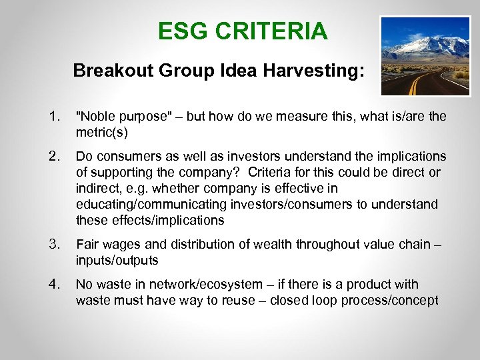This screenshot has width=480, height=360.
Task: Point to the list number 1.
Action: (x=53, y=117)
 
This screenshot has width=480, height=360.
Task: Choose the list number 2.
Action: (x=53, y=156)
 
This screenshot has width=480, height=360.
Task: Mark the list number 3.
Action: (x=53, y=245)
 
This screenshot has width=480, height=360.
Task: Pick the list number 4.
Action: (x=53, y=285)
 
